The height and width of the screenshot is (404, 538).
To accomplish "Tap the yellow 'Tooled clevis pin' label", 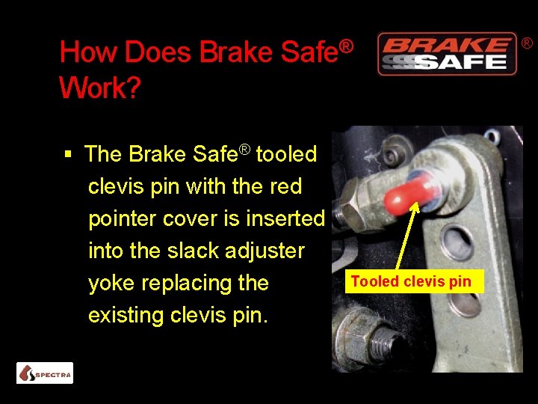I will [411, 282].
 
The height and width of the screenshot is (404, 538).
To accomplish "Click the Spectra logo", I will [45, 373].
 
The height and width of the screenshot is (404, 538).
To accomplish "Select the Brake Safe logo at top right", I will [447, 54].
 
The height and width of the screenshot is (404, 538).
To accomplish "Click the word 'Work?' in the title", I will [99, 88].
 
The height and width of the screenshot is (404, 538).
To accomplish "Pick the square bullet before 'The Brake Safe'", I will [68, 155].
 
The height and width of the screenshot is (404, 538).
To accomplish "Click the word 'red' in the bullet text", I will [285, 186].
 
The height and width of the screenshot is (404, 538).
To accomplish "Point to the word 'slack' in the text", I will [194, 251].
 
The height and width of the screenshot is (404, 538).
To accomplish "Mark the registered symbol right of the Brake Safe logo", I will [527, 45].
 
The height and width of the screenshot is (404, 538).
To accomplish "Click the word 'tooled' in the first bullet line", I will [287, 154].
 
